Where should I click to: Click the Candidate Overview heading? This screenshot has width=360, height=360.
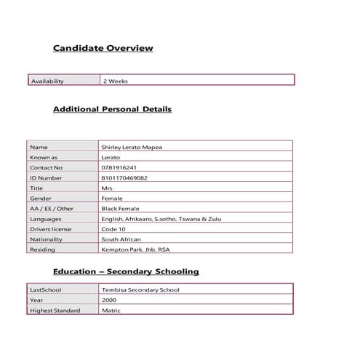pos(103,48)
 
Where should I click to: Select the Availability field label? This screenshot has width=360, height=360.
pos(47,81)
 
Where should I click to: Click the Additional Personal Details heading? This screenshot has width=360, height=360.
pos(112,109)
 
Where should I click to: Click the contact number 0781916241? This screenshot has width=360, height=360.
pos(119,167)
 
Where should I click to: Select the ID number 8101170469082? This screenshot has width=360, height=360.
pos(124,177)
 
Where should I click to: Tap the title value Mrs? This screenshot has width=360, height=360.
pos(107,188)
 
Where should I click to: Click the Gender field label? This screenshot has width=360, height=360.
pos(40,198)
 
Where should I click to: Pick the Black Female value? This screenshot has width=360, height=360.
pos(121,208)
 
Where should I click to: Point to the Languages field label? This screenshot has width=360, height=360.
pos(45,218)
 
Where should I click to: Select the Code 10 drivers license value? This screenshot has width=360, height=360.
pos(114,228)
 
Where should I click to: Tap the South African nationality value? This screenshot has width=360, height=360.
pos(121,239)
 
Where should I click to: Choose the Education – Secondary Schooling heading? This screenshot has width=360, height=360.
pos(126,271)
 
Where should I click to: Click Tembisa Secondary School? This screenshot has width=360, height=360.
pos(140,289)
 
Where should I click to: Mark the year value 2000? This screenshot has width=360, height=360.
pos(108,300)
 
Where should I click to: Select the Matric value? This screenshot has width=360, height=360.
pos(111,311)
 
